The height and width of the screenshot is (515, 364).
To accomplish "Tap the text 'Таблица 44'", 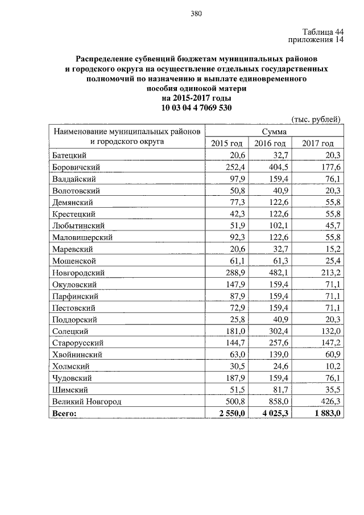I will pyautogui.click(x=322, y=32).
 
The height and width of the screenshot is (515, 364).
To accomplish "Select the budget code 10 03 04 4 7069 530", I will pyautogui.click(x=196, y=108).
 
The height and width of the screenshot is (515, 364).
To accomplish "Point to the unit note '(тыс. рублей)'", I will pyautogui.click(x=316, y=119).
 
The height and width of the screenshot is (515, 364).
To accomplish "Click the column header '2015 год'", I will pyautogui.click(x=226, y=143).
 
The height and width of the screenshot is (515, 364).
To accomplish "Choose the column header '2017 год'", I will pyautogui.click(x=318, y=143).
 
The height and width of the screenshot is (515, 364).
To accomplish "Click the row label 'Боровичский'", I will pyautogui.click(x=76, y=167).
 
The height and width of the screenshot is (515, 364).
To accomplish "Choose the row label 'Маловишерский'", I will pyautogui.click(x=82, y=237).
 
